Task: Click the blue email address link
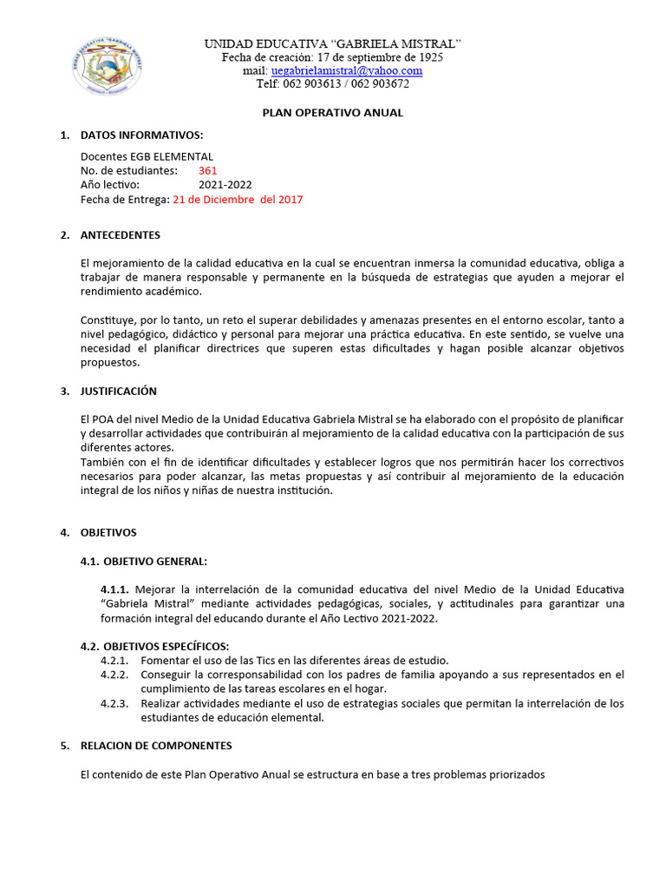point(346,70)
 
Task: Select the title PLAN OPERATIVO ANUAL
point(333,113)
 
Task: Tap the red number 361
point(208,171)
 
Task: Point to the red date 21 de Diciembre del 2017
point(238,199)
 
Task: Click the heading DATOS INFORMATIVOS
point(141,135)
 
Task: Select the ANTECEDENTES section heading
point(120,235)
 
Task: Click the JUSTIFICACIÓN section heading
point(118,392)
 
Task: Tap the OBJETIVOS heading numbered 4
point(108,532)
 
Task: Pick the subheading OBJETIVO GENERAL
point(154,561)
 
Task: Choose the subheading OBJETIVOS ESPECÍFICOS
point(166,646)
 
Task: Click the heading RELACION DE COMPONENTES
point(156,746)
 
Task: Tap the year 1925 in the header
point(428,57)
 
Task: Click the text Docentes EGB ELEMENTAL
point(147,156)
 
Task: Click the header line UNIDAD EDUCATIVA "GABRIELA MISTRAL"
point(333,43)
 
